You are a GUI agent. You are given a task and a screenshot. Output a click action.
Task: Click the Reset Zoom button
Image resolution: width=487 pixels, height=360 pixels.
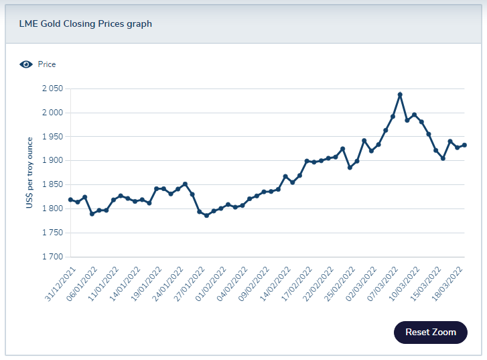430,332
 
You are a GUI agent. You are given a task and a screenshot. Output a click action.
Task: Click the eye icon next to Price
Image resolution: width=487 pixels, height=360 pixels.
26,64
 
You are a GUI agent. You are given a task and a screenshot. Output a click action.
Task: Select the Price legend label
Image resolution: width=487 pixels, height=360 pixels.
47,64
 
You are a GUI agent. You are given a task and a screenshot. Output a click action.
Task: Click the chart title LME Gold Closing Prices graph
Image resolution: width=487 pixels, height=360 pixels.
84,24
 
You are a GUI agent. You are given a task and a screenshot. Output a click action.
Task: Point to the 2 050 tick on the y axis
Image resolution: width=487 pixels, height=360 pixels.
52,88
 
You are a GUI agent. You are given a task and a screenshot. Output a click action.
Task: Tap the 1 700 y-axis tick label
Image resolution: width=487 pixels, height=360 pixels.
52,257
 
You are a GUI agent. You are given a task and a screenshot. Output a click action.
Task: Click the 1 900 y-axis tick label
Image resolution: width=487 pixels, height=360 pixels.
52,161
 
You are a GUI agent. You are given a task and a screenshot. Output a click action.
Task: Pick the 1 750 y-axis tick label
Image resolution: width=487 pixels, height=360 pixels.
52,233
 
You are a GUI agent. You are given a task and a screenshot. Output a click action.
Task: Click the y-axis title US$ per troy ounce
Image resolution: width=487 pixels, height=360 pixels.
29,173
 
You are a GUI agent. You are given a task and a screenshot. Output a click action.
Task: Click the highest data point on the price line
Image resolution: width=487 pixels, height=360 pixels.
400,95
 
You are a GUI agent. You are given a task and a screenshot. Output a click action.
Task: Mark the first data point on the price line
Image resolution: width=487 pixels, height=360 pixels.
70,200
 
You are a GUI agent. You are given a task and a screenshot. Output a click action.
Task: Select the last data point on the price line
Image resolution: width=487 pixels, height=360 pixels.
464,145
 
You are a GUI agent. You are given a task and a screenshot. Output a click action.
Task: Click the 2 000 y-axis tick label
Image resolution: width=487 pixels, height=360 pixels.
52,113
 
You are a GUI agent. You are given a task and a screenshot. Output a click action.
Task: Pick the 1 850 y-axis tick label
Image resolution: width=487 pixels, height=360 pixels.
52,184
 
